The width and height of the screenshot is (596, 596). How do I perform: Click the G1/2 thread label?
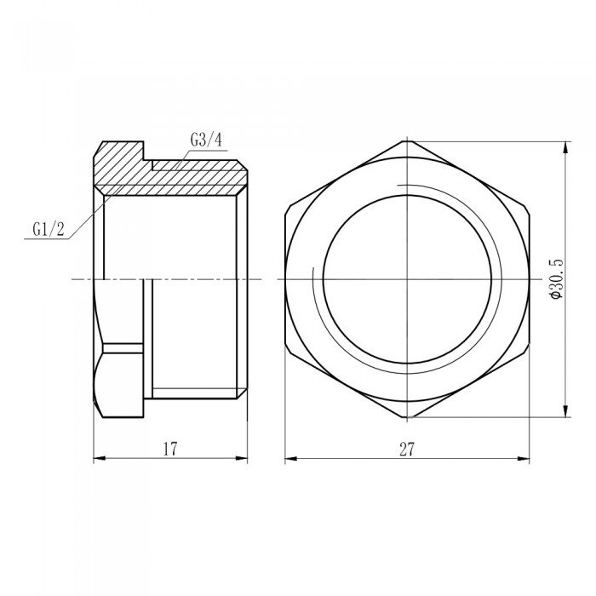(x=49, y=228)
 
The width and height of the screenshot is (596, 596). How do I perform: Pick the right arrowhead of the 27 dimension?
(x=524, y=459)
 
